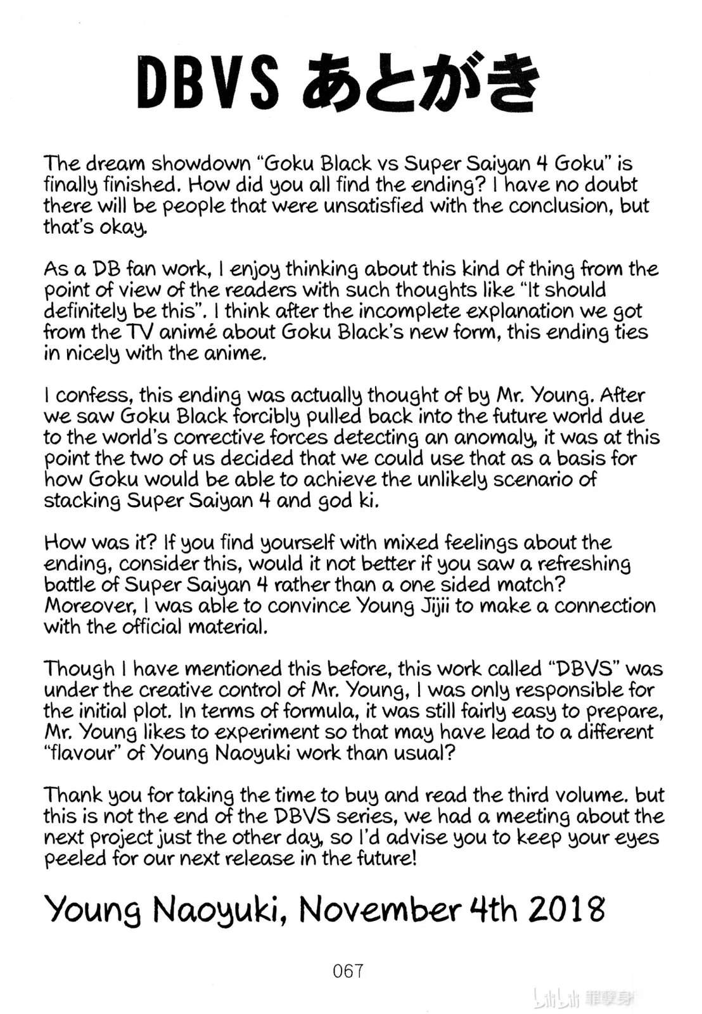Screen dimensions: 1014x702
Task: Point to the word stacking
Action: (82, 501)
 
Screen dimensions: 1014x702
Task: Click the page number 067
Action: (348, 971)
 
